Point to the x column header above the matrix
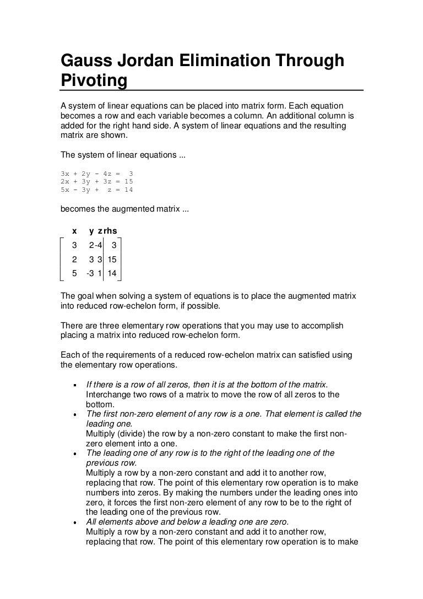75,231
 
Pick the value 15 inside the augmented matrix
112,259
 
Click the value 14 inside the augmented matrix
112,273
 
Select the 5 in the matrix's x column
75,273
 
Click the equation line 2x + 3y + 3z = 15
96,181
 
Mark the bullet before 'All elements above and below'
74,522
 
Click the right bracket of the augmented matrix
120,259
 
